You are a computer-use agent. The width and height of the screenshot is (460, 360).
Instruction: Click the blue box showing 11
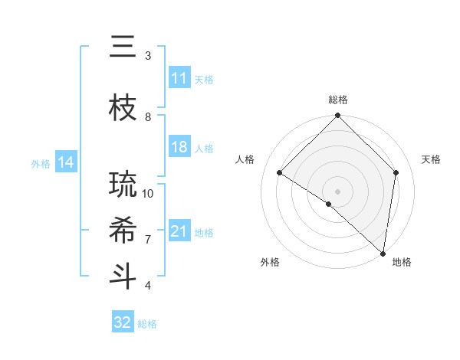coord(179,78)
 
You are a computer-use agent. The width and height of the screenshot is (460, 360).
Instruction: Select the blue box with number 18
coord(179,147)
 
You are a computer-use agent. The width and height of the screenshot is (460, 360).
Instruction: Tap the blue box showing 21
coord(179,231)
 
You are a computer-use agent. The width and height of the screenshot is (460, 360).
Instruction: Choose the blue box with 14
coord(66,162)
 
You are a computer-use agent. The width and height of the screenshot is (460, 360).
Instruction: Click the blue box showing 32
coord(123,322)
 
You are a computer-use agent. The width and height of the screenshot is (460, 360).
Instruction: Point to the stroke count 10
coord(149,193)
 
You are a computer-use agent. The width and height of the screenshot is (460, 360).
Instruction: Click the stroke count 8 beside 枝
coord(148,116)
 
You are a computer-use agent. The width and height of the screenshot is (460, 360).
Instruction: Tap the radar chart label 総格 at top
coord(337,100)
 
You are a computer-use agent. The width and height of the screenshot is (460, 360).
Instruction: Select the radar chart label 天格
coord(432,159)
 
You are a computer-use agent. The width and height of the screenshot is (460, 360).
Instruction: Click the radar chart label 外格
coord(270,262)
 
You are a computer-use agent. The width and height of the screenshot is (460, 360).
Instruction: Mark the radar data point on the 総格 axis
coord(337,116)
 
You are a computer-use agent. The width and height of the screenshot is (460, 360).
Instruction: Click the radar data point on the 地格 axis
coord(383,253)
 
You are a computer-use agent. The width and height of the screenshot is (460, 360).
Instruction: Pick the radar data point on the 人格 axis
coord(280,172)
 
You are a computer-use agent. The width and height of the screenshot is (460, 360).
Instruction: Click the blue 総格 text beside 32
coord(147,324)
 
